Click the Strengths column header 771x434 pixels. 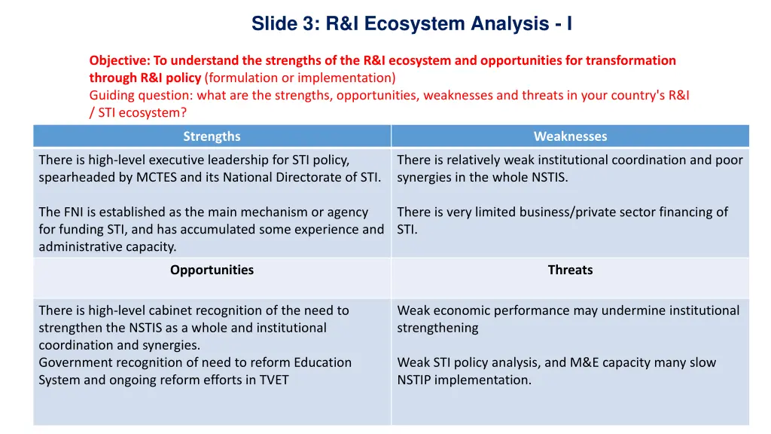[x=212, y=136]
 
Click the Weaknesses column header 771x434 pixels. [x=570, y=136]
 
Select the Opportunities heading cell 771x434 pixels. [x=212, y=270]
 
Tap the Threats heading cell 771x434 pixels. [x=570, y=270]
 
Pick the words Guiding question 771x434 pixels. [x=141, y=95]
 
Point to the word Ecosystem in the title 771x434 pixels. [x=414, y=24]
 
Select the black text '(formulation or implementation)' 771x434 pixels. [x=300, y=78]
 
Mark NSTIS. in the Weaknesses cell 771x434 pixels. [x=548, y=177]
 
